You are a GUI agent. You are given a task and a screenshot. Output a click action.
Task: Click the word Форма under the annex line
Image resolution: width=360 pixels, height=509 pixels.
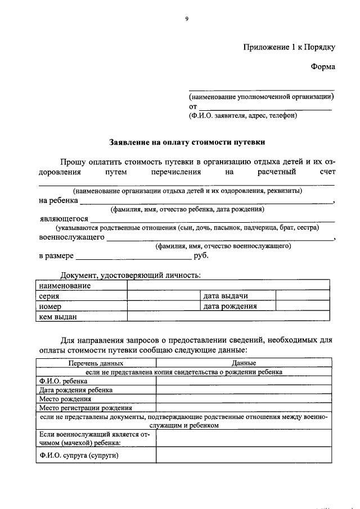point(322,67)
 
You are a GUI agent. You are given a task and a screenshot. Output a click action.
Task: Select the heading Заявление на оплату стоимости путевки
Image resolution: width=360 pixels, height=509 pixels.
point(186,143)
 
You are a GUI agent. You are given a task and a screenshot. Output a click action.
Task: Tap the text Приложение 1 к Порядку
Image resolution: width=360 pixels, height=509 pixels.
point(289,47)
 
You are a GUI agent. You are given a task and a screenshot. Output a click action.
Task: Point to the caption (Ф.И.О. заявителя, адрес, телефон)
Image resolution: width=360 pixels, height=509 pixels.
point(242,116)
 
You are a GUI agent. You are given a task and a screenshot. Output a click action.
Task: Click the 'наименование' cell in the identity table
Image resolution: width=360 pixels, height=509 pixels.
point(82,286)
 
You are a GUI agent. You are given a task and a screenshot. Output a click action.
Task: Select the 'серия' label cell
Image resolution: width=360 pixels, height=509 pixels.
point(82,296)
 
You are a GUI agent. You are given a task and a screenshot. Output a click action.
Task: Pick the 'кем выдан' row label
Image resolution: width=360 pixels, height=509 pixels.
point(82,317)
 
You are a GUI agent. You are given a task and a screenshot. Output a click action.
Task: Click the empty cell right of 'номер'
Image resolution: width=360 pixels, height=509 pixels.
point(163,307)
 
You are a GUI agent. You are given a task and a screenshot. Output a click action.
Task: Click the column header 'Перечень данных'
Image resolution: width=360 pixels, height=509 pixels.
point(96,364)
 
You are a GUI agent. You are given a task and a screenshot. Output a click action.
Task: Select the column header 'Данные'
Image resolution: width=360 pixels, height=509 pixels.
point(244,364)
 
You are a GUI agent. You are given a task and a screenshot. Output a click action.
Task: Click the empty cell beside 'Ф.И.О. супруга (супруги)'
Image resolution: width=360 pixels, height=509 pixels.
point(244,454)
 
